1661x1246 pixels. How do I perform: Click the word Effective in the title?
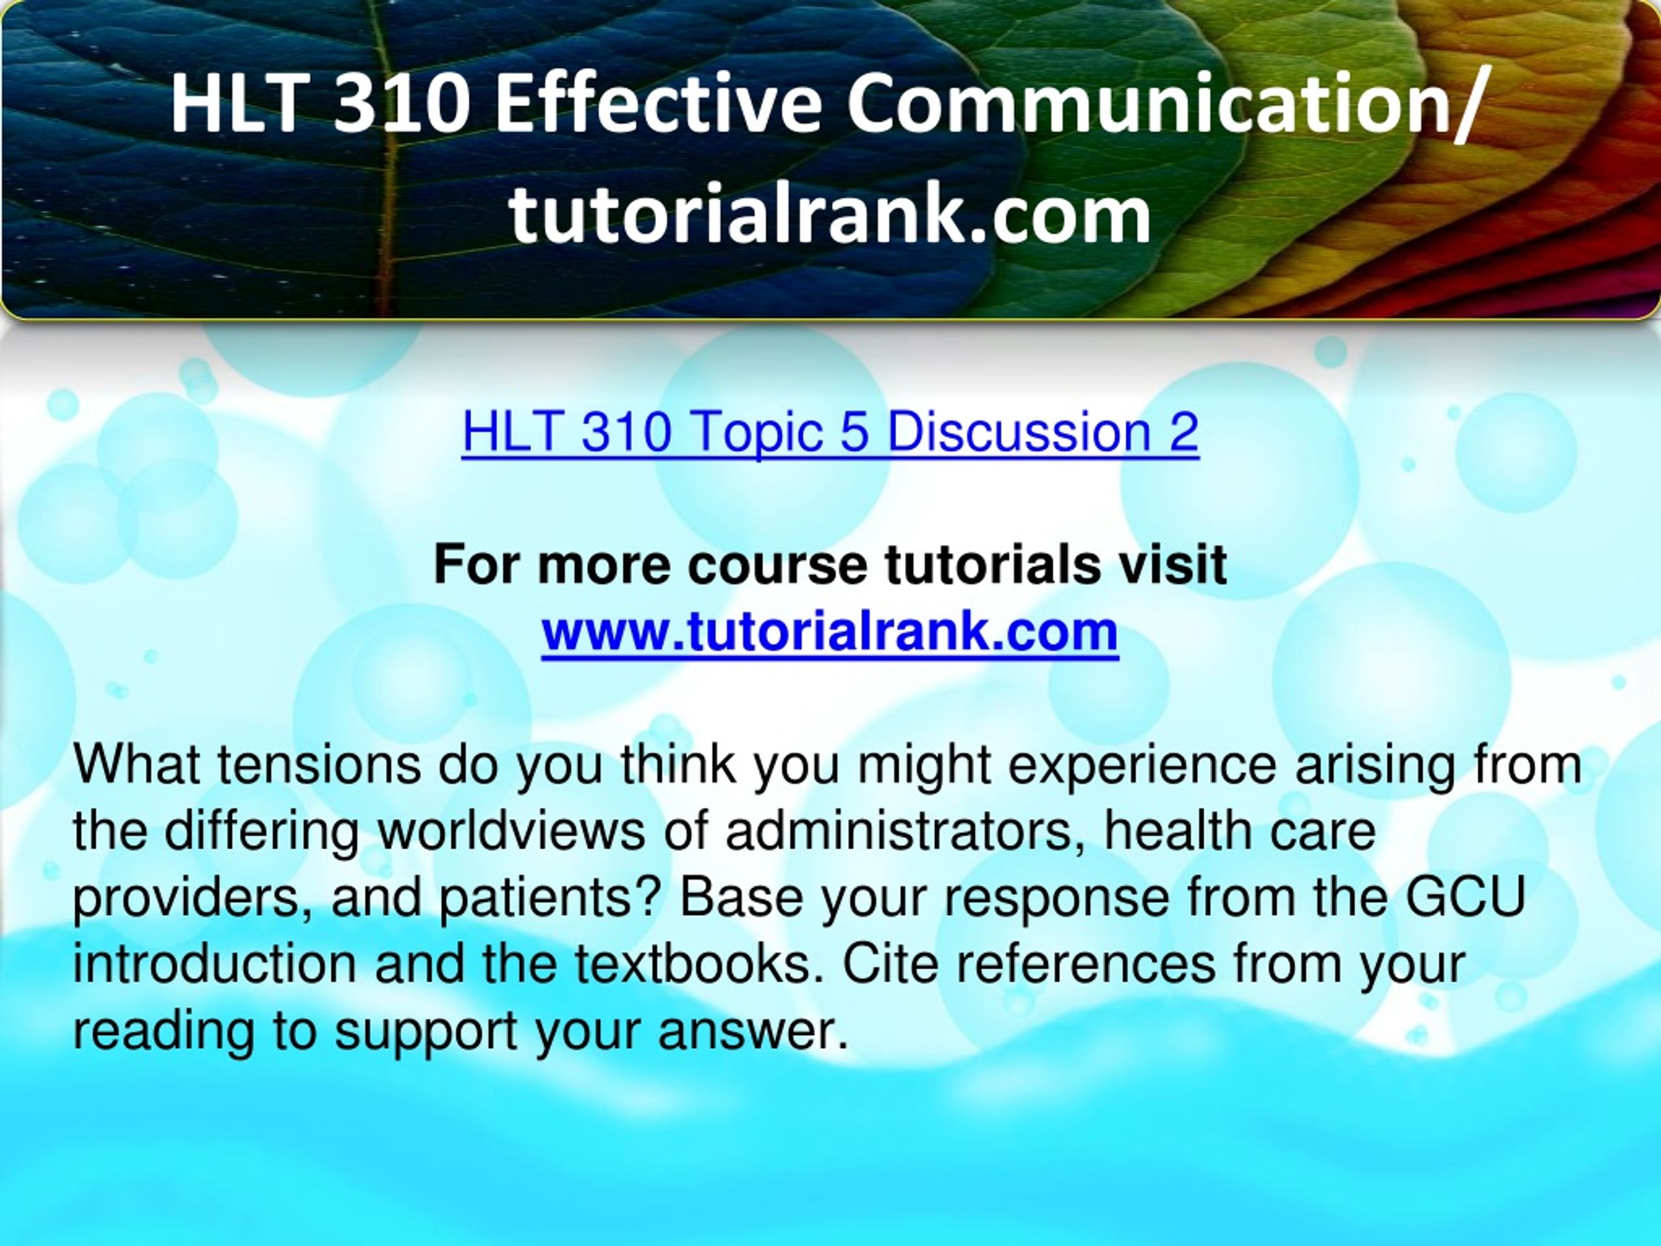(658, 103)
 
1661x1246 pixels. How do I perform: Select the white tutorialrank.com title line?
(830, 215)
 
